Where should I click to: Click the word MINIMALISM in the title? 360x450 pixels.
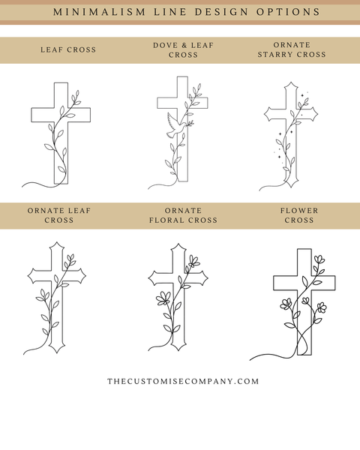(x=99, y=12)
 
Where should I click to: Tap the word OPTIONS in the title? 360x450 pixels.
(x=288, y=12)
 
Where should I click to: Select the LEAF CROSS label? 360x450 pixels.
(x=68, y=49)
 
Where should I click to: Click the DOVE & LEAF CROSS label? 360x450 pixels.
(x=183, y=50)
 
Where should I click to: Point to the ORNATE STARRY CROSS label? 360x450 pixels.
(x=292, y=49)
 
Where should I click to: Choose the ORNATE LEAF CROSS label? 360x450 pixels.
(x=59, y=215)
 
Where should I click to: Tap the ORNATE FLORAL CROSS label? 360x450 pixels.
(x=183, y=215)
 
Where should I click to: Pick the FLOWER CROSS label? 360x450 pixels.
(x=299, y=215)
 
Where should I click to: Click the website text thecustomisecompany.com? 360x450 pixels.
(x=183, y=381)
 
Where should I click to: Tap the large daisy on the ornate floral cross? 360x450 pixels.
(x=163, y=298)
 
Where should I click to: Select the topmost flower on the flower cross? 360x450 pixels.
(x=319, y=259)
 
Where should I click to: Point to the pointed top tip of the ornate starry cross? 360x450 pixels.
(x=291, y=82)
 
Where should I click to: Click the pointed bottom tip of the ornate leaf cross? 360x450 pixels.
(x=57, y=352)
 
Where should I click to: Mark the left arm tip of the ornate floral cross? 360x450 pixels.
(x=148, y=278)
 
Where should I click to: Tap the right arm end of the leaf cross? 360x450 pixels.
(x=91, y=115)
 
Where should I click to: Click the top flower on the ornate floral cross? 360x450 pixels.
(x=194, y=262)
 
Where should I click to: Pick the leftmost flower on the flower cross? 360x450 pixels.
(x=286, y=304)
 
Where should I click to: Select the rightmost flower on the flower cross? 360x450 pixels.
(x=322, y=307)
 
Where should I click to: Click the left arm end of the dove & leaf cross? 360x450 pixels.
(x=157, y=103)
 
